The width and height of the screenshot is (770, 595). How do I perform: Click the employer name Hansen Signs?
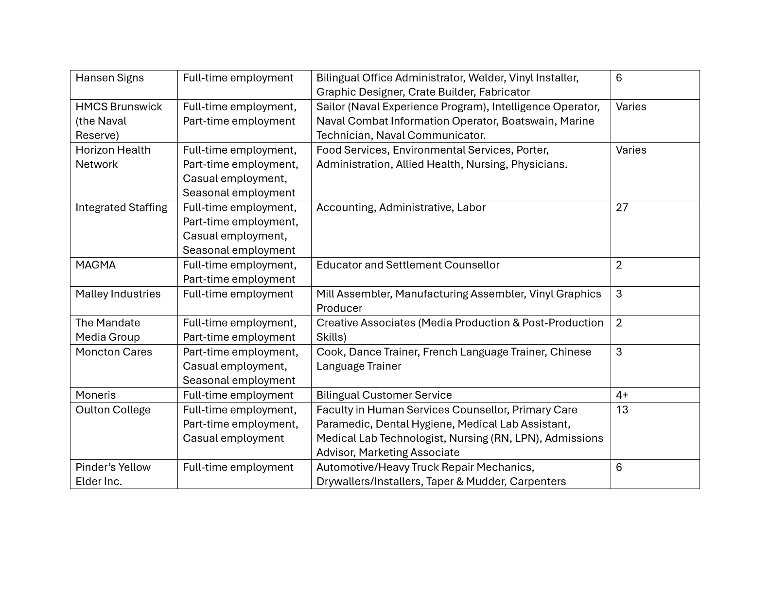(x=109, y=78)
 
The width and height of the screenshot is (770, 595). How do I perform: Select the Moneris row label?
(x=96, y=395)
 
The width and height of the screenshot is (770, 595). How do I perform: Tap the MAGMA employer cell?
(x=96, y=265)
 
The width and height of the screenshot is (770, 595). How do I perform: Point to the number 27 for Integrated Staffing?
(x=622, y=208)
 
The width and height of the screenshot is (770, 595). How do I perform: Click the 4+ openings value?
(x=622, y=395)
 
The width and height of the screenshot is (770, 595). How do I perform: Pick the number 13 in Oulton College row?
(x=622, y=410)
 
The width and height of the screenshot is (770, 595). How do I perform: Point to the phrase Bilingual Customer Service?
(x=384, y=395)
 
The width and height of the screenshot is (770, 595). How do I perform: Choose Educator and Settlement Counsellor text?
(x=408, y=265)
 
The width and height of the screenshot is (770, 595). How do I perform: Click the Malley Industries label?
(x=118, y=294)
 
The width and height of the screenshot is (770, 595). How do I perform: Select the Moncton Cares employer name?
(x=114, y=352)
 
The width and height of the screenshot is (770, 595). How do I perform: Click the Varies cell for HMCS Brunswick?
(x=630, y=107)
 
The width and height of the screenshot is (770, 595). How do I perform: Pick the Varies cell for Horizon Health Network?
(x=630, y=150)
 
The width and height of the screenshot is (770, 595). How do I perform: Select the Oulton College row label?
(x=113, y=410)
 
